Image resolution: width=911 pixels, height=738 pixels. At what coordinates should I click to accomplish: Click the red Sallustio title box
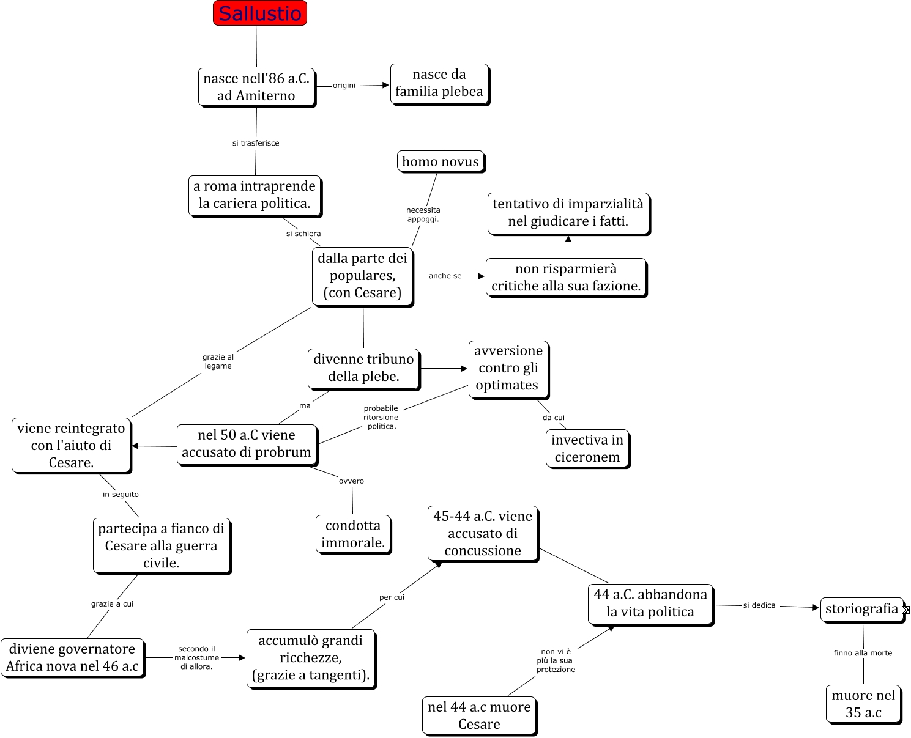[259, 13]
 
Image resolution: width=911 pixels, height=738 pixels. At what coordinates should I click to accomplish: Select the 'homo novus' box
[441, 161]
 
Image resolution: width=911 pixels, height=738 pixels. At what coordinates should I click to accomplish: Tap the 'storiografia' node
[861, 609]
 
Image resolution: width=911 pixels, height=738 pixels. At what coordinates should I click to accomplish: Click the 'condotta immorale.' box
[353, 534]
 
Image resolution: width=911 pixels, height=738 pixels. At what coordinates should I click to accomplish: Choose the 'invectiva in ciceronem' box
[587, 448]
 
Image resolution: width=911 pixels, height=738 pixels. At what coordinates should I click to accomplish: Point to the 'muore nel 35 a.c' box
[863, 704]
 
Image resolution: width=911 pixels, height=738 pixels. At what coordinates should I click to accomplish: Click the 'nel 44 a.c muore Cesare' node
[479, 715]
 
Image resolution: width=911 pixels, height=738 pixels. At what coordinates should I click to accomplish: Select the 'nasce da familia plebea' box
[439, 83]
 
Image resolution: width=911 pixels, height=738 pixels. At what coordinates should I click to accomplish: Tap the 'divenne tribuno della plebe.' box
[363, 367]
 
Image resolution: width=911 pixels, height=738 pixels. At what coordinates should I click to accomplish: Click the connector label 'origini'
[344, 86]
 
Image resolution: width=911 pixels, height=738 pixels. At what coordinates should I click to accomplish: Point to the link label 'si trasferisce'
[256, 143]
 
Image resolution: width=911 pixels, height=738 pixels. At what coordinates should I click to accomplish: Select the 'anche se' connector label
[445, 276]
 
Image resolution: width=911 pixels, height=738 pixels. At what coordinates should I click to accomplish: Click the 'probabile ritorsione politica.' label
[381, 417]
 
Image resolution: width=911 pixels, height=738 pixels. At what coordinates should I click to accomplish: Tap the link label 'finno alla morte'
[863, 653]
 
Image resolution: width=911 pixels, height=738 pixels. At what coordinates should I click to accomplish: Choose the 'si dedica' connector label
[759, 605]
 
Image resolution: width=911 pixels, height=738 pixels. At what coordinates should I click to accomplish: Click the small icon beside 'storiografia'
[905, 610]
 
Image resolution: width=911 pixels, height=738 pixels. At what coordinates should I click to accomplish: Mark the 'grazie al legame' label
[218, 361]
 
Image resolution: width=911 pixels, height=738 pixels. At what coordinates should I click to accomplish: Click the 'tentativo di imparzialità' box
[568, 213]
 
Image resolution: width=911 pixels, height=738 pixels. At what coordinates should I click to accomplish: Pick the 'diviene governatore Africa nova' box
[72, 657]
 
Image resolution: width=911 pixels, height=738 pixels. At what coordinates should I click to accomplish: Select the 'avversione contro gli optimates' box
[508, 368]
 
